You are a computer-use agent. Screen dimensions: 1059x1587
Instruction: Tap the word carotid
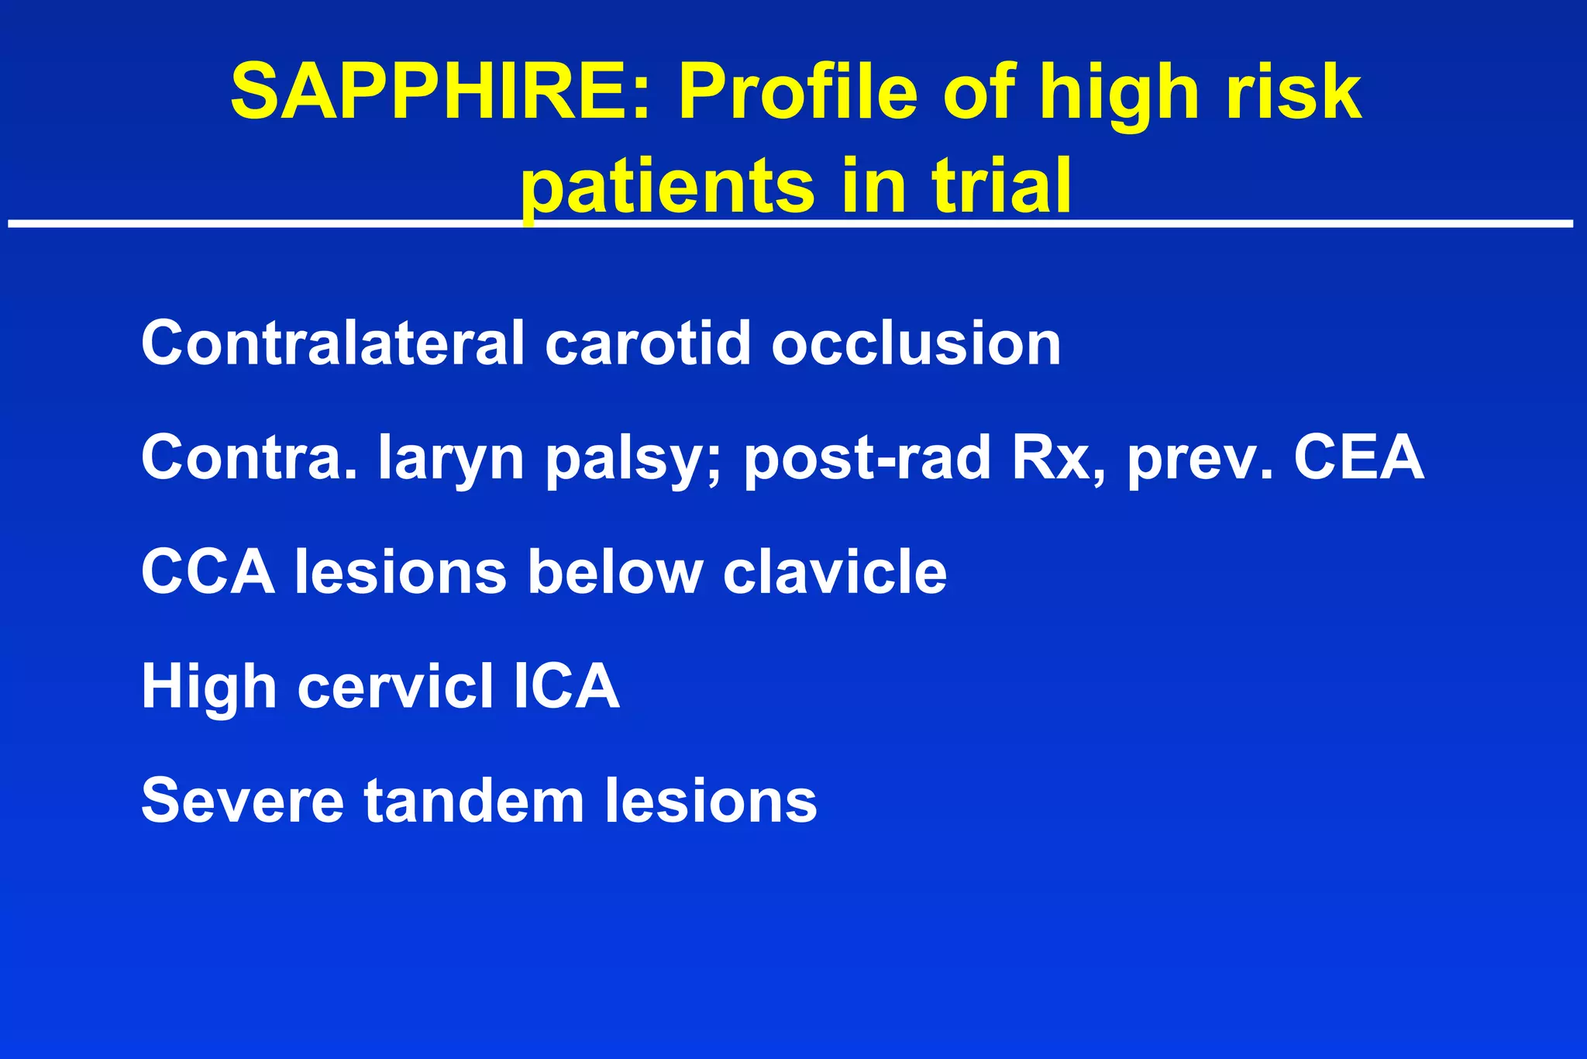[x=648, y=343]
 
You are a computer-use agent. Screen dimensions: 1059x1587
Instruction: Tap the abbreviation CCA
[x=208, y=572]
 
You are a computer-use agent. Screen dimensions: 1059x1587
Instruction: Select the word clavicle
[x=835, y=572]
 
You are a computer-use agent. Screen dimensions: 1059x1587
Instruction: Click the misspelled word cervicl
[x=395, y=687]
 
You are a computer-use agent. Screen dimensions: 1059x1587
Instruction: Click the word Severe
[x=242, y=801]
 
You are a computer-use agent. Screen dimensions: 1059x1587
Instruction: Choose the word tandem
[x=474, y=801]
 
